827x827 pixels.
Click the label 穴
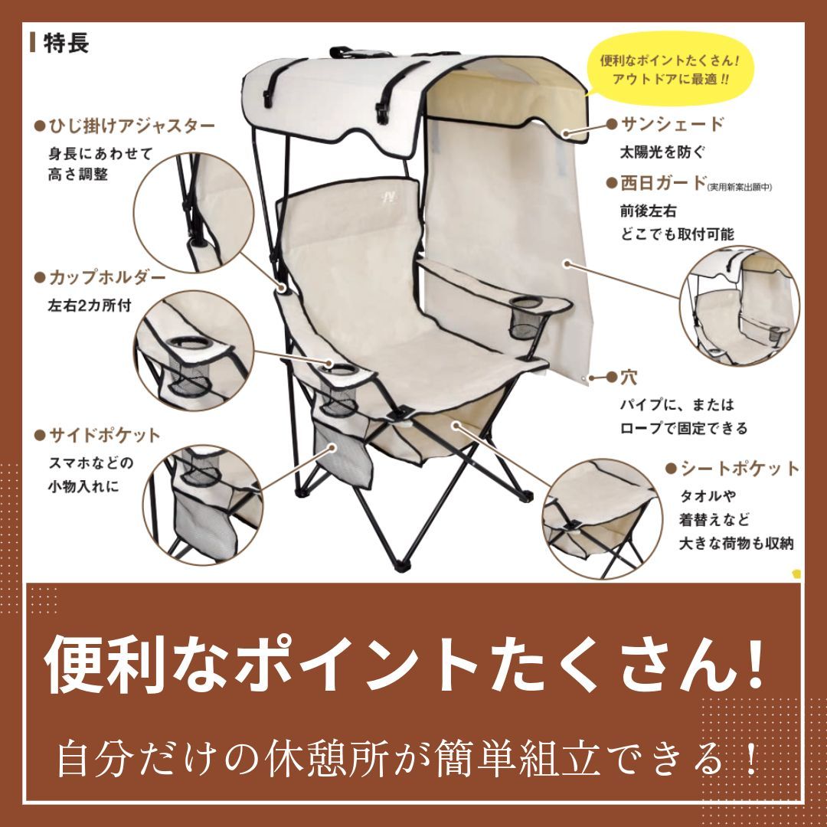point(629,377)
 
